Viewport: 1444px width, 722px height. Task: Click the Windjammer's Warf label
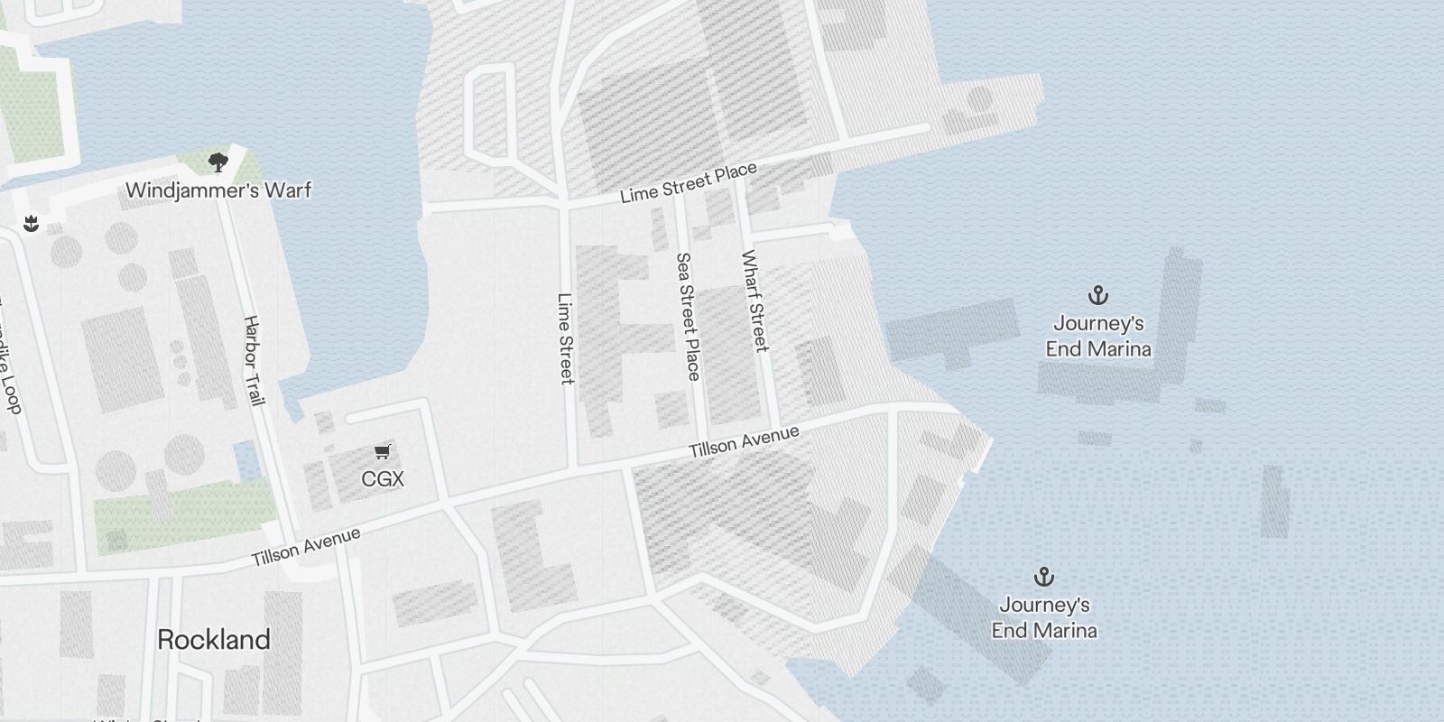[x=218, y=190]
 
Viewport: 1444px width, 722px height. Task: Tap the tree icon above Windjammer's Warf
[x=218, y=162]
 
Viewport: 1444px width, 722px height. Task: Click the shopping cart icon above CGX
[x=383, y=451]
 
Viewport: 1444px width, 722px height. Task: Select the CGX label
[x=383, y=479]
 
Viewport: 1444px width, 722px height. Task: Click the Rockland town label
[x=214, y=640]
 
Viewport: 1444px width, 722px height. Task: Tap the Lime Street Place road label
[x=689, y=183]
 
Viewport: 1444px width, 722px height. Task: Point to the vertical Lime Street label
[x=566, y=338]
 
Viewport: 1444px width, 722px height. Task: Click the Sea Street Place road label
[x=689, y=316]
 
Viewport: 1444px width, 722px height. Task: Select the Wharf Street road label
[x=754, y=301]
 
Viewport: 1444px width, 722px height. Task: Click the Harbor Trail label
[x=254, y=360]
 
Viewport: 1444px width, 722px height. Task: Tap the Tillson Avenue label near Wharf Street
[x=744, y=441]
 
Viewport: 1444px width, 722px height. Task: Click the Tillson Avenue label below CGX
[x=306, y=547]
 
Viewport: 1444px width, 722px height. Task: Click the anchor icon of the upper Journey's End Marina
[x=1097, y=295]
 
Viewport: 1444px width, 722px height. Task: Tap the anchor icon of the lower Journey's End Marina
[x=1044, y=577]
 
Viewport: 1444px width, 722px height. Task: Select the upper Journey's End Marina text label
[x=1098, y=336]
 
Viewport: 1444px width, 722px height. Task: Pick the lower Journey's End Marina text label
[x=1044, y=617]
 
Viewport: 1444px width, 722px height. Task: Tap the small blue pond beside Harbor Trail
[x=245, y=460]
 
